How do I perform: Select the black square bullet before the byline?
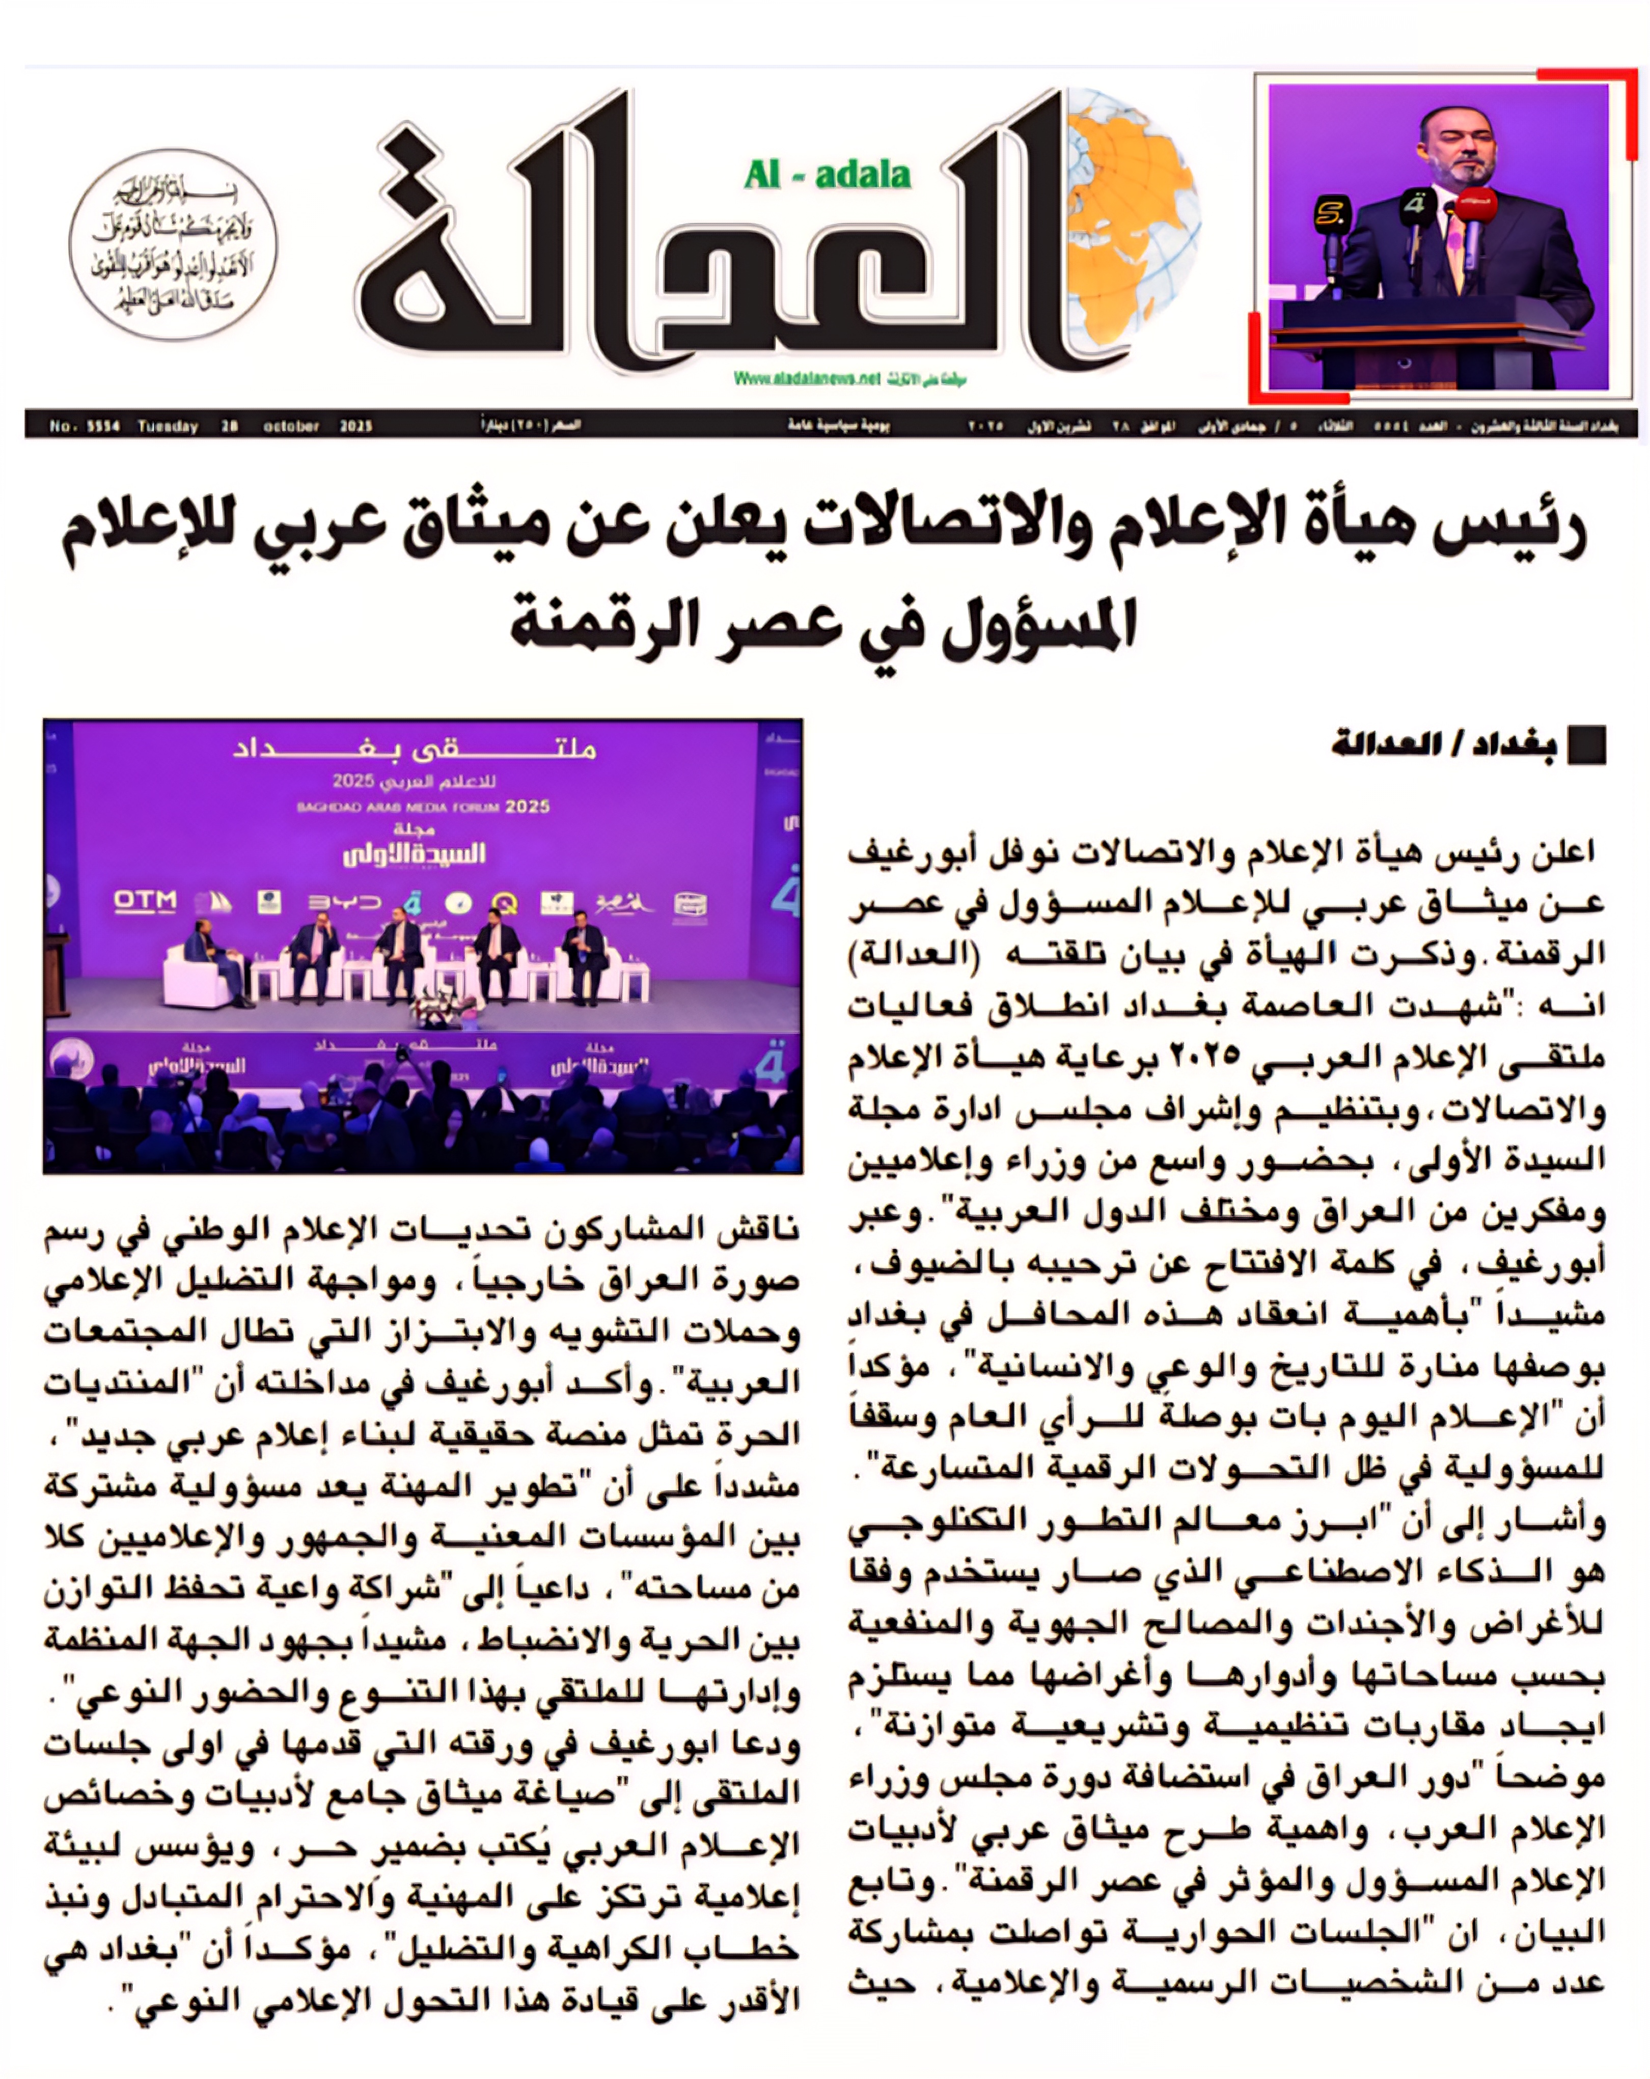click(1586, 746)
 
